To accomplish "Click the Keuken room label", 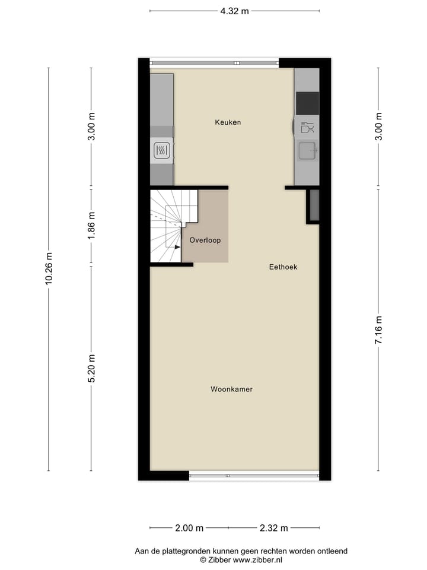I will coord(228,122).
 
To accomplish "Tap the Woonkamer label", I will coord(231,389).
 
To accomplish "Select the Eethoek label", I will coord(283,267).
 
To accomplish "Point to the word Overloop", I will coord(205,240).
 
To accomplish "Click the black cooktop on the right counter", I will coord(307,103).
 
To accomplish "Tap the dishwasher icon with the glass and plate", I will coord(307,127).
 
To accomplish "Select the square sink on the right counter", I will coord(307,151).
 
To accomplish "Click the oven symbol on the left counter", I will coord(162,151).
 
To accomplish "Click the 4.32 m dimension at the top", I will coord(234,11).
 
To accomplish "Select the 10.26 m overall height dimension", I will coord(49,269).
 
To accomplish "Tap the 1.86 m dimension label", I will coord(91,226).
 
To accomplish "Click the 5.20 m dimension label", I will coord(91,369).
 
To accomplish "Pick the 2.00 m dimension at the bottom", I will coord(189,528).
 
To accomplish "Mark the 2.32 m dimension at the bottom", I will coord(273,528).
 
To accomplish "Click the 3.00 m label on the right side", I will coord(378,126).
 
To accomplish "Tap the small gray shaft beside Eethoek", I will coord(314,205).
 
